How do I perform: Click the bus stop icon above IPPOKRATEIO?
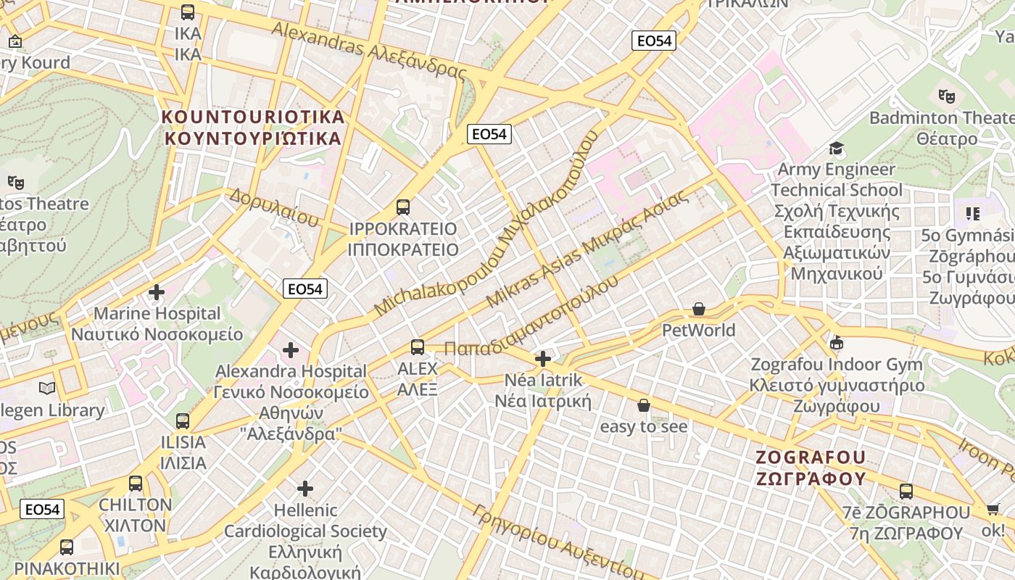tap(403, 207)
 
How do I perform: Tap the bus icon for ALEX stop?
tap(417, 347)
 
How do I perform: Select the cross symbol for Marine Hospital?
tap(157, 292)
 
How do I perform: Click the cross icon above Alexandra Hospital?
tap(291, 350)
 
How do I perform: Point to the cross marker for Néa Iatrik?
tap(542, 359)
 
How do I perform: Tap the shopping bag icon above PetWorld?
tap(699, 310)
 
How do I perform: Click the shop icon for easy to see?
tap(643, 405)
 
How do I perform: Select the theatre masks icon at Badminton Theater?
tap(946, 96)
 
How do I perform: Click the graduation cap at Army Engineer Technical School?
tap(837, 149)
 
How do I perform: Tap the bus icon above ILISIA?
tap(183, 421)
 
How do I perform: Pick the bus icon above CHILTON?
tap(136, 484)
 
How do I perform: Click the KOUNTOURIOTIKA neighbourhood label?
tap(253, 117)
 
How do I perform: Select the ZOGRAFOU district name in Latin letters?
tap(811, 457)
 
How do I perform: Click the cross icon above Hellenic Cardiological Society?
tap(305, 489)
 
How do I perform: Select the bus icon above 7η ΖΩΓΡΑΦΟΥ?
tap(906, 492)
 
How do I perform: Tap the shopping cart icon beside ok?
tap(993, 509)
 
